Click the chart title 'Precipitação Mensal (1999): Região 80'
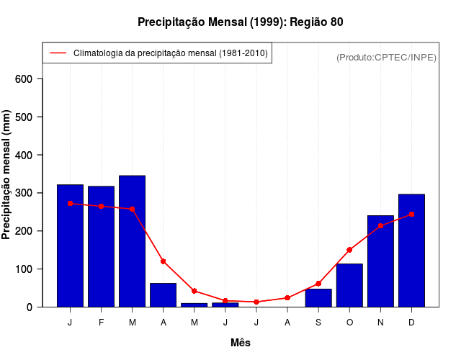[x=241, y=22]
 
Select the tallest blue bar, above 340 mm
[x=132, y=241]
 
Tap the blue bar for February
[x=101, y=246]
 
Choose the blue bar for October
[x=349, y=285]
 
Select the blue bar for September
[x=318, y=297]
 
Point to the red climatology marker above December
[x=411, y=215]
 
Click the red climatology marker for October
[x=349, y=250]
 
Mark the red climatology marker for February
[x=101, y=206]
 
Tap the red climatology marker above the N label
[x=380, y=225]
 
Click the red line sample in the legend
[x=58, y=53]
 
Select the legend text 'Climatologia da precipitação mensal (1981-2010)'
[x=170, y=53]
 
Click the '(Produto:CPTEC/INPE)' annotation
[x=386, y=57]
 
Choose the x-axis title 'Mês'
[x=241, y=343]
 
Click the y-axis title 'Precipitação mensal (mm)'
[x=7, y=175]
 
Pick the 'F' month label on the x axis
[x=101, y=323]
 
